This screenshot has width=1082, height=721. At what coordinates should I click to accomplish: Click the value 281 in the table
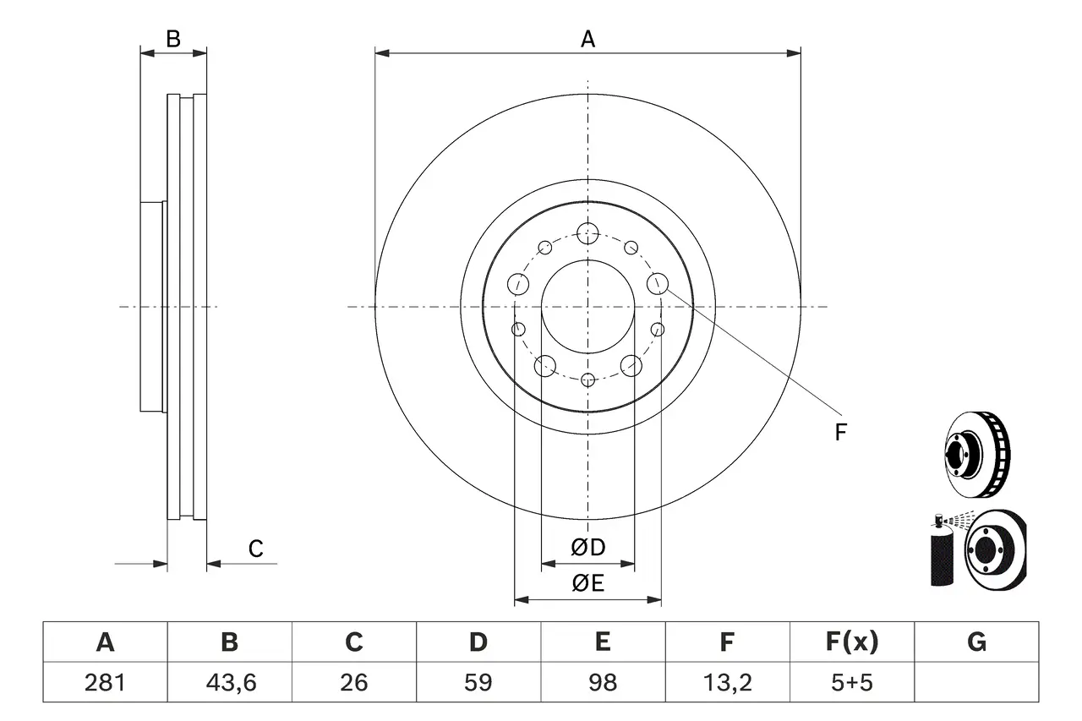[x=105, y=682]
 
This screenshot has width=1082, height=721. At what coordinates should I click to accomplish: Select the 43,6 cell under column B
[x=229, y=682]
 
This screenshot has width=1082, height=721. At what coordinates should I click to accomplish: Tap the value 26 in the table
[x=353, y=682]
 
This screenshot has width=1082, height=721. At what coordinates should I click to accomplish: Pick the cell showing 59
[x=478, y=682]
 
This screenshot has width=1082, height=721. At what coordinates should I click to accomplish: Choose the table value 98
[x=602, y=682]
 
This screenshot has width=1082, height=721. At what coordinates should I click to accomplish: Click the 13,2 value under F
[x=726, y=682]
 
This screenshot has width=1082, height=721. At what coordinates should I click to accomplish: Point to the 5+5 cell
[x=851, y=682]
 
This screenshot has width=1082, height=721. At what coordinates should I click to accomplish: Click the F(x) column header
[x=851, y=642]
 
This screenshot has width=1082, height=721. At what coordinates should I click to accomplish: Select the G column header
[x=976, y=642]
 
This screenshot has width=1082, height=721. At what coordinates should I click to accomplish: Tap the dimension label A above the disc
[x=587, y=38]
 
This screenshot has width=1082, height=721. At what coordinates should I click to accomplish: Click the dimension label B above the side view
[x=172, y=38]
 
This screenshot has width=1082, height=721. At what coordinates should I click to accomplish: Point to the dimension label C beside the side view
[x=255, y=549]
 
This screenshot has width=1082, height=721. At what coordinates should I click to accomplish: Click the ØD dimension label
[x=588, y=548]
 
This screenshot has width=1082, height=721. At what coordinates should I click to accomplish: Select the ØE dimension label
[x=588, y=583]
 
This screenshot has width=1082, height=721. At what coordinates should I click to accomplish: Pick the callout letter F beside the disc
[x=840, y=433]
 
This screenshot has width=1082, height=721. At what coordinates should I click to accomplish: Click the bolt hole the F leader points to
[x=658, y=283]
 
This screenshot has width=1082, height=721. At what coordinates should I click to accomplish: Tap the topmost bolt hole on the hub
[x=587, y=232]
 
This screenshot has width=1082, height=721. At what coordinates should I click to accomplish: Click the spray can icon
[x=941, y=554]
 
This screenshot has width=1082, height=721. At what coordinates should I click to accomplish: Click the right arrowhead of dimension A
[x=794, y=53]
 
